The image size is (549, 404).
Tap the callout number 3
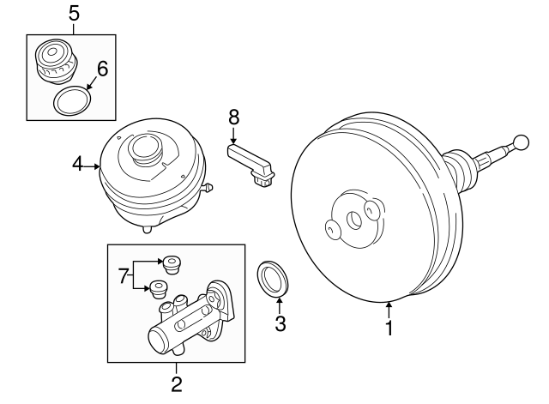click(278, 323)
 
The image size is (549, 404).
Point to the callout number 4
click(78, 163)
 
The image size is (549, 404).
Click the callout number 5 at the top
click(73, 13)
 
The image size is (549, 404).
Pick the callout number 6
click(102, 69)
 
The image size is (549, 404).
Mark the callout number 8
click(233, 116)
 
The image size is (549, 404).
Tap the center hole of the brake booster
click(353, 220)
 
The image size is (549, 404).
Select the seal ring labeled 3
click(275, 280)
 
